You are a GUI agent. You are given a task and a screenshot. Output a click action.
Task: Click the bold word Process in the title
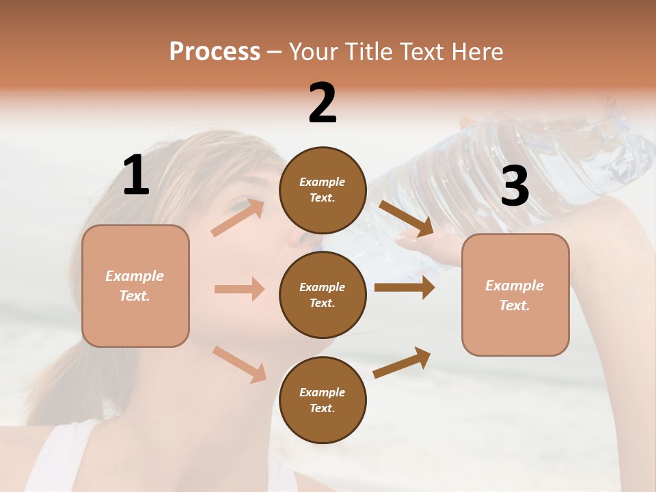[x=215, y=51]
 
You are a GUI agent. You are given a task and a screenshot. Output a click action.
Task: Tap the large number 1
[x=136, y=176]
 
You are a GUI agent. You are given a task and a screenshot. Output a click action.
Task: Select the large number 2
[x=323, y=103]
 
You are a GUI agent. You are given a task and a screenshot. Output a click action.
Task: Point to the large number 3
[x=515, y=187]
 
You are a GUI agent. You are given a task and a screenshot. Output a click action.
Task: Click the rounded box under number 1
[x=135, y=286]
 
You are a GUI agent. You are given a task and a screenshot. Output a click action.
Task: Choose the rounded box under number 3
[x=515, y=295]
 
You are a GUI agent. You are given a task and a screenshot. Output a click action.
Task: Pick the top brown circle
[x=323, y=190]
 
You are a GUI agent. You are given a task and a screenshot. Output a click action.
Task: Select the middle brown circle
[x=323, y=295]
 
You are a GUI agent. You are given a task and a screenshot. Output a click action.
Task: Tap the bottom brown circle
[x=323, y=400]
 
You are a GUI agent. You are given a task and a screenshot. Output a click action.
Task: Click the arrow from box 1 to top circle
[x=238, y=217]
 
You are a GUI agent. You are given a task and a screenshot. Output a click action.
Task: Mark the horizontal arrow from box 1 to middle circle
[x=239, y=289]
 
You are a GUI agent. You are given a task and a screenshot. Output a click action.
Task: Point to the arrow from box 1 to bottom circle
[x=239, y=364]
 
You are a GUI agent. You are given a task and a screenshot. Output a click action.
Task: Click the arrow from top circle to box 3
[x=406, y=219]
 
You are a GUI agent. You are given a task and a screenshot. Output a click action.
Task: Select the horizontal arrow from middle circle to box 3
[x=405, y=288]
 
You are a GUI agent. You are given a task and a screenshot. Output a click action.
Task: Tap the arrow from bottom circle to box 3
[x=402, y=362]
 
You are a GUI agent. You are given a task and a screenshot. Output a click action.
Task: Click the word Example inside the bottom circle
[x=323, y=392]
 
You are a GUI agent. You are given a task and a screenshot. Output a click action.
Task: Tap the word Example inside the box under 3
[x=515, y=286]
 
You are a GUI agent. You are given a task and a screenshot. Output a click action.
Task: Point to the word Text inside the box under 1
[x=134, y=296]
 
